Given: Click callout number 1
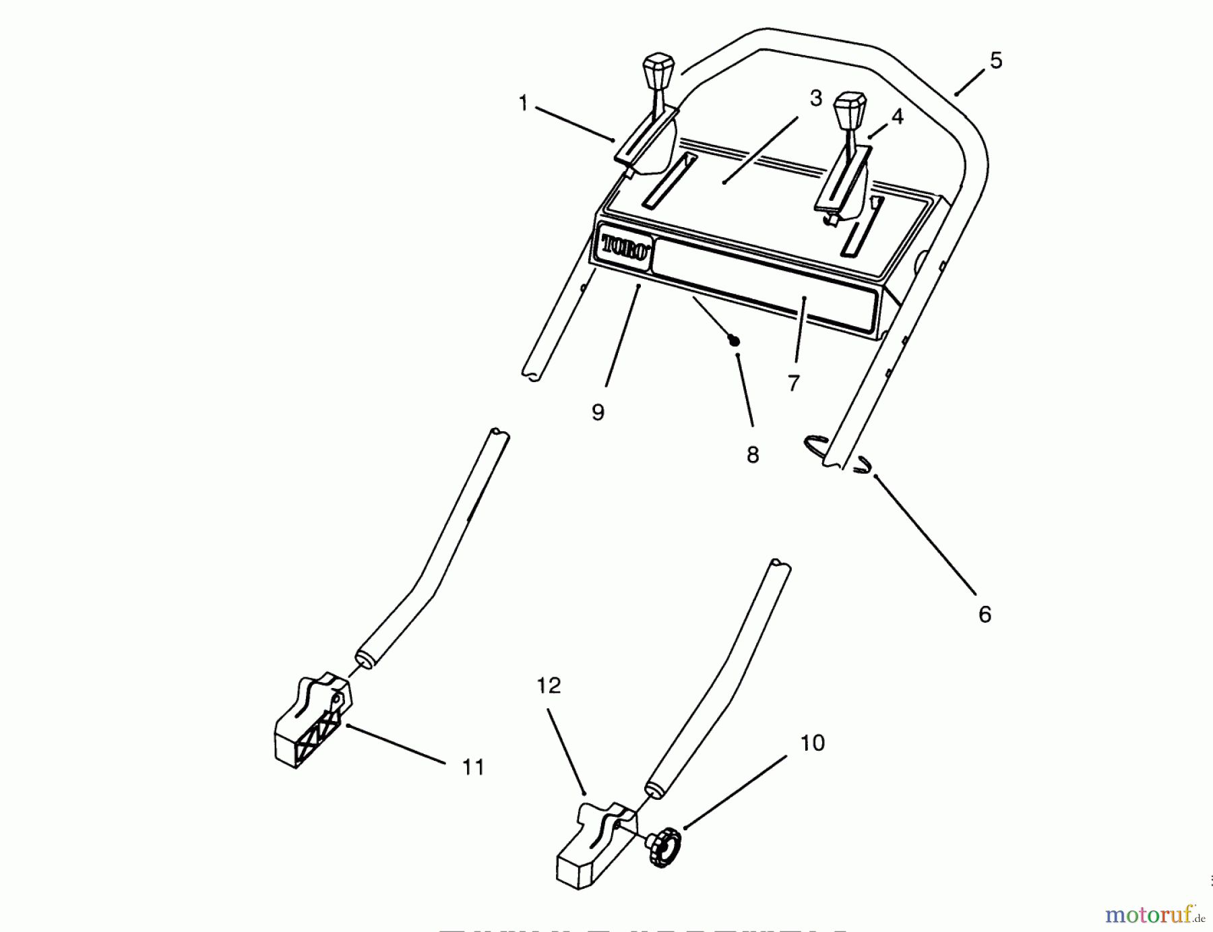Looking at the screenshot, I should (x=523, y=104).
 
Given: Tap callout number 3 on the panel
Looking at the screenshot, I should (x=815, y=99).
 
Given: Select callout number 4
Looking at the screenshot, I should (x=897, y=117).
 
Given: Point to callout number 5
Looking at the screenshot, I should (x=996, y=61).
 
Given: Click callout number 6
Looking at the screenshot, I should (x=985, y=614).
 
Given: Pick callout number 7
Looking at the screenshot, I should (x=794, y=383).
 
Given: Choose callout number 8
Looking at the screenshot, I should (x=753, y=454).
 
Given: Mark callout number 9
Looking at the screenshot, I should (x=598, y=412).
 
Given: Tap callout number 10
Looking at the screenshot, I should (x=812, y=743).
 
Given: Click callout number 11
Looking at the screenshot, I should (x=473, y=767).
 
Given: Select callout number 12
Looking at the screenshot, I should (x=549, y=685).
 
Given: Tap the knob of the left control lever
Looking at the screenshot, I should (x=187, y=69).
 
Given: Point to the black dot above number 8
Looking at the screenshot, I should (x=735, y=342).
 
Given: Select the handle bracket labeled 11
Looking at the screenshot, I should (x=312, y=721).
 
